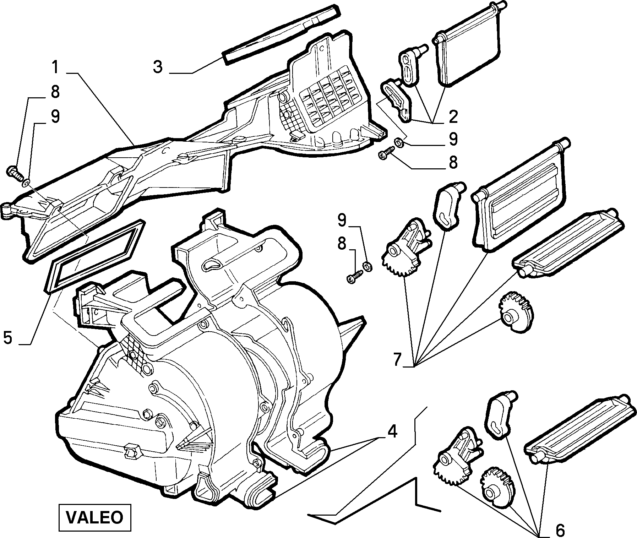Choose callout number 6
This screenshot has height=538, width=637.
click(560, 530)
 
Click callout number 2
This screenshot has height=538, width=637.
click(453, 117)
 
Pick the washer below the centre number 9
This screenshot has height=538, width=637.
click(367, 266)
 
